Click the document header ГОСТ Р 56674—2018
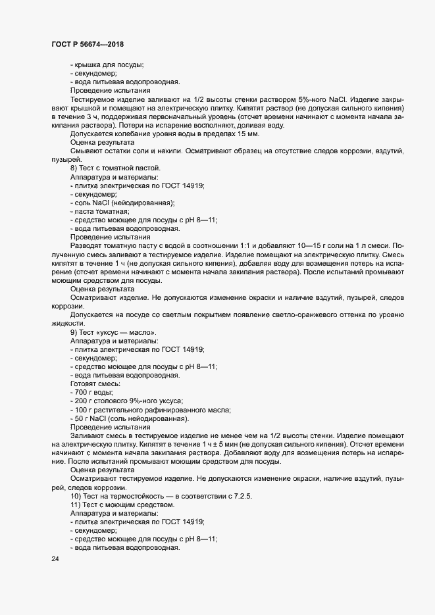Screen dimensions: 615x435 (87, 44)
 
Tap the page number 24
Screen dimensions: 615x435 (55, 559)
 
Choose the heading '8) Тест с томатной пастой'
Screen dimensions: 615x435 (115, 177)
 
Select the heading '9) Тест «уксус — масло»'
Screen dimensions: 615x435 (113, 332)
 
